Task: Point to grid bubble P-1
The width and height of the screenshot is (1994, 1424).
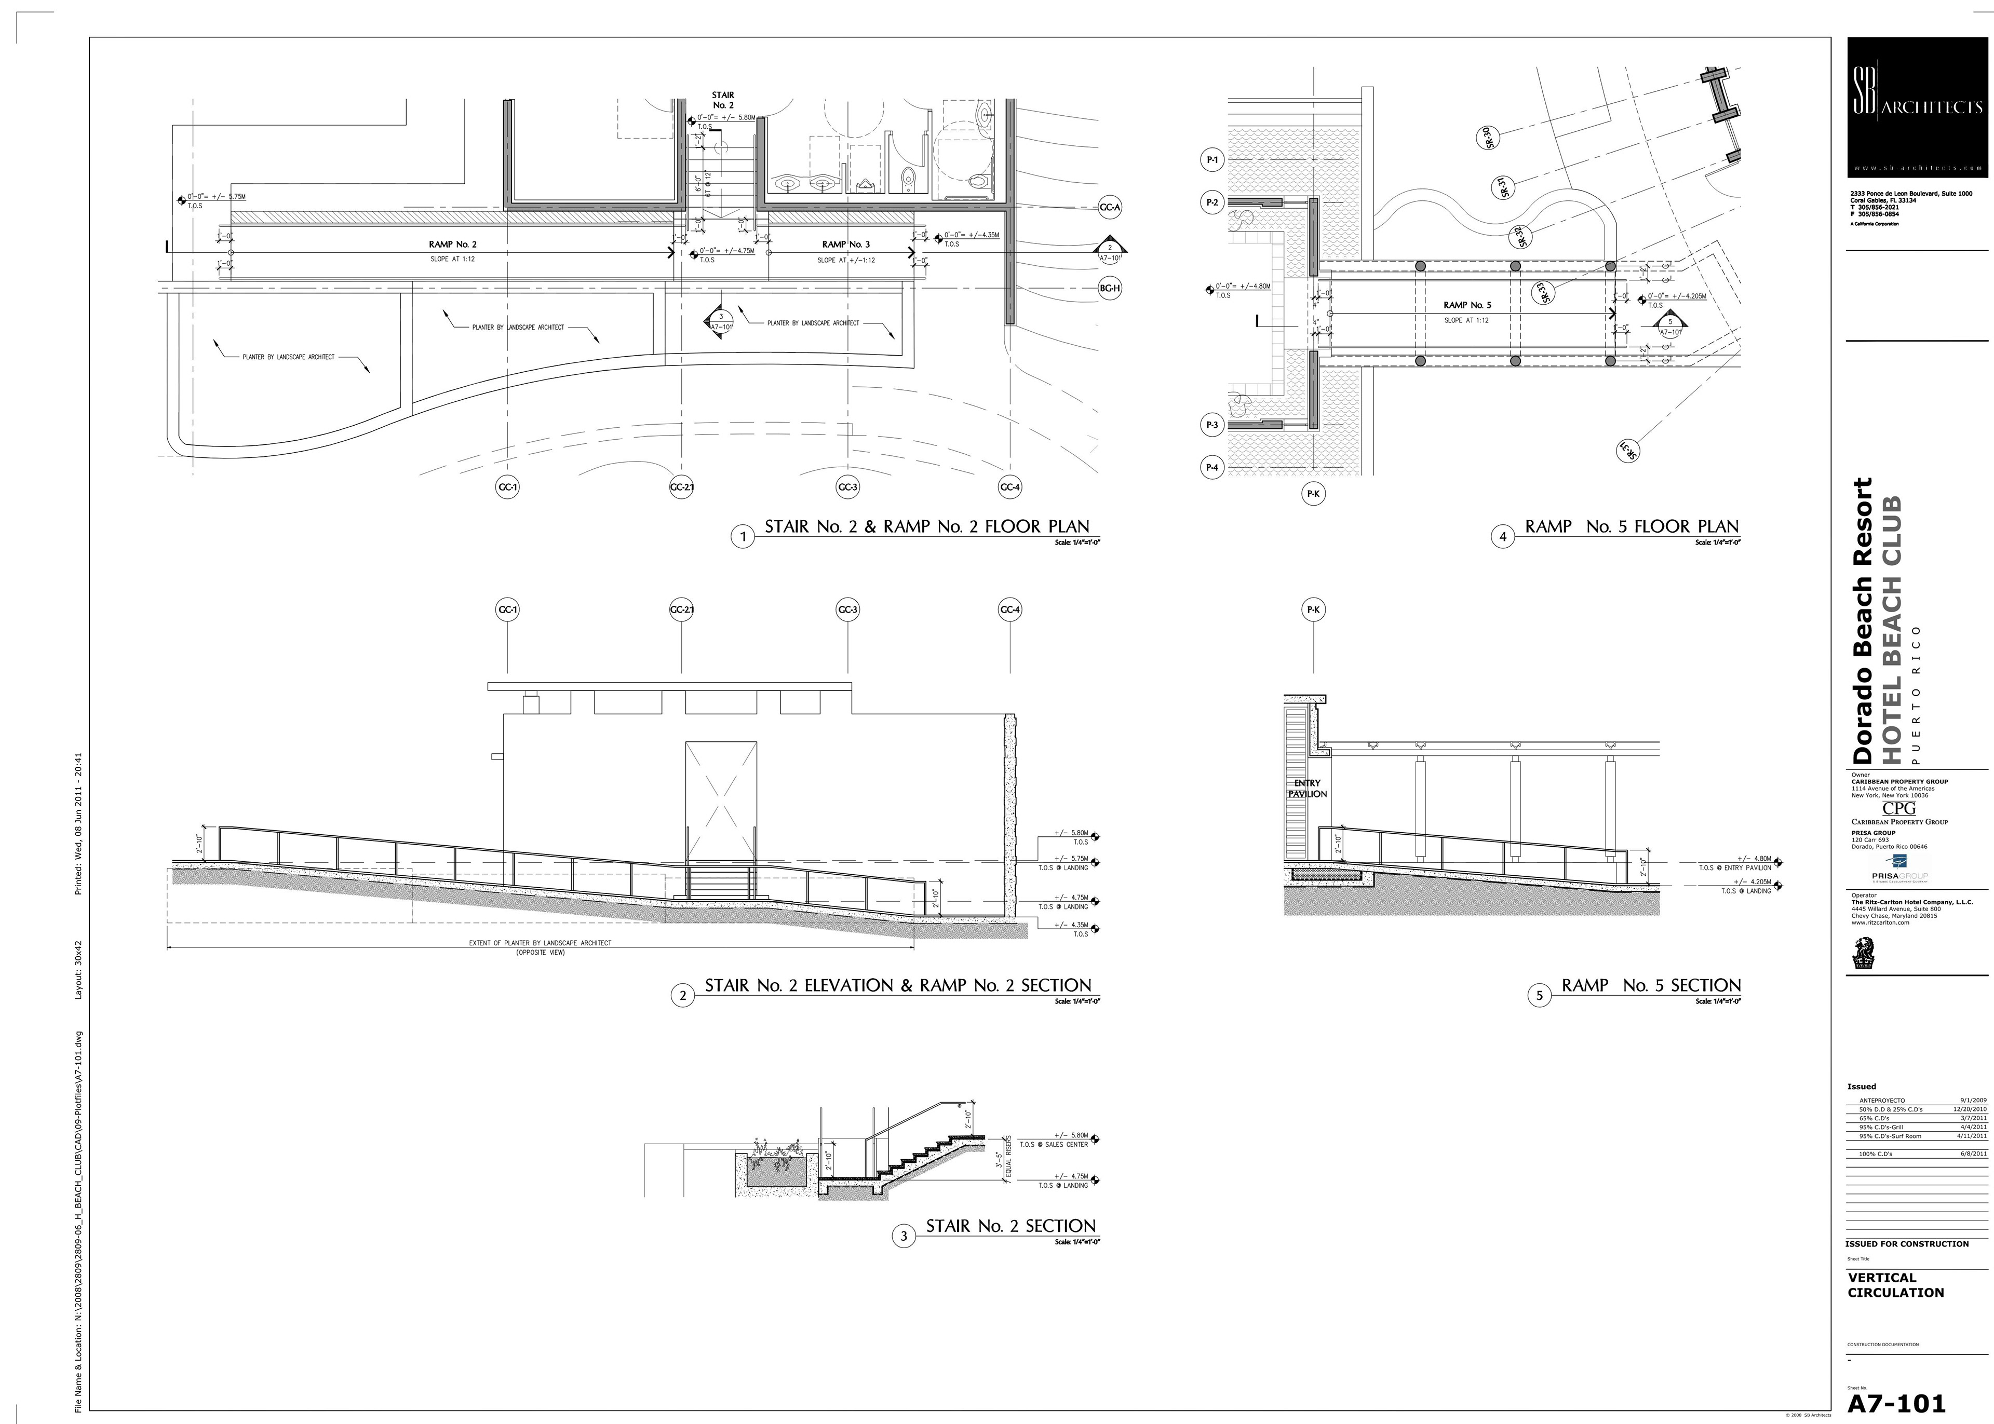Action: click(1212, 160)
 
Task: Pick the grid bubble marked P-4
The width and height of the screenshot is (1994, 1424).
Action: click(1212, 467)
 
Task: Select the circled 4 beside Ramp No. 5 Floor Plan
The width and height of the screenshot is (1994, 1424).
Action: click(1502, 537)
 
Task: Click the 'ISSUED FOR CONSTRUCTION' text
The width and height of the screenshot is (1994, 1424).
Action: click(1906, 1243)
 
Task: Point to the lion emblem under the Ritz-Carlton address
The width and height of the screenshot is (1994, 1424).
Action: click(1863, 952)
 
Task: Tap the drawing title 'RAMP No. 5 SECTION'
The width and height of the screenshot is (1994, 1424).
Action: click(1650, 985)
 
